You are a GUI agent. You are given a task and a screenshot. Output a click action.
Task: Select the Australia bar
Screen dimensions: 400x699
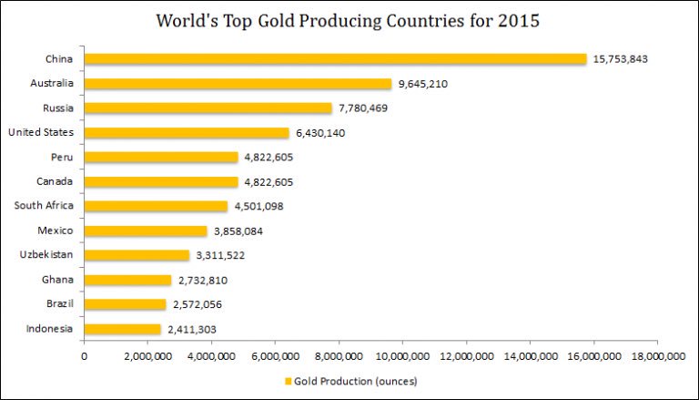click(238, 84)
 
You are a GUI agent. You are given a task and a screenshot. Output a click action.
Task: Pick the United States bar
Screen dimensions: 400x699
click(187, 133)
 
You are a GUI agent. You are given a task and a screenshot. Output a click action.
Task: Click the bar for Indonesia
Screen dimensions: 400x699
click(122, 329)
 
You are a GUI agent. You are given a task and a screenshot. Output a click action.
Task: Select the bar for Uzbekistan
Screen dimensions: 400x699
click(137, 255)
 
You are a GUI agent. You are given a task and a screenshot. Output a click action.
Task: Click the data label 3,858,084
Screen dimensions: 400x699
click(240, 231)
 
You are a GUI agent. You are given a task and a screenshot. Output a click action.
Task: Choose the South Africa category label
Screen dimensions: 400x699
click(44, 206)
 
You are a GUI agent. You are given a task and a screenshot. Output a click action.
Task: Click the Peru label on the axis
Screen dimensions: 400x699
click(62, 158)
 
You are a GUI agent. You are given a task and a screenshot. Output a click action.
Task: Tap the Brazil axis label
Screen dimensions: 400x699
click(59, 304)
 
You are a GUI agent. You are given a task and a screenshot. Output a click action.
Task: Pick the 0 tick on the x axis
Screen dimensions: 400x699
click(84, 356)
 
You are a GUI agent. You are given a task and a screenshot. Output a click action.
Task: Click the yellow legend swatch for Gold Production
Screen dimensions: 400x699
click(289, 381)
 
